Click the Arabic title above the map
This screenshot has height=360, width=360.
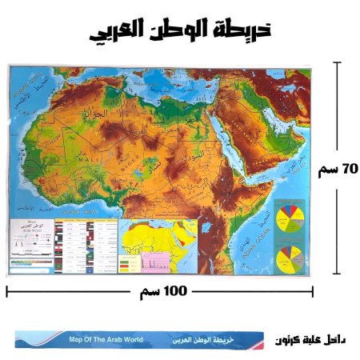(x=179, y=31)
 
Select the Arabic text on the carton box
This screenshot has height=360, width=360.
(x=208, y=340)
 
